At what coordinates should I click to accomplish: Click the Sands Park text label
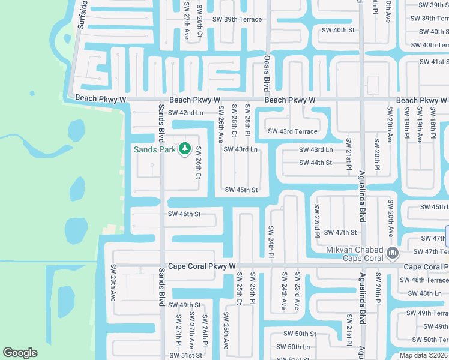(x=155, y=149)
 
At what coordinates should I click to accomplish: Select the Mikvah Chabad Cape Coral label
(x=354, y=254)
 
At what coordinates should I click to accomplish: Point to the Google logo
(x=20, y=353)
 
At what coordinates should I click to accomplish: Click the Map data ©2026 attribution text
(x=424, y=355)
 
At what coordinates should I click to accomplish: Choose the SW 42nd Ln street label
(x=185, y=113)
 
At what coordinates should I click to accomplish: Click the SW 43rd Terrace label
(x=292, y=131)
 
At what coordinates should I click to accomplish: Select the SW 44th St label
(x=316, y=163)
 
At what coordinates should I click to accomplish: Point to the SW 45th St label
(x=241, y=190)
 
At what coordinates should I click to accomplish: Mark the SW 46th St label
(x=184, y=214)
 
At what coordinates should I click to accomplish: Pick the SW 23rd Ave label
(x=297, y=290)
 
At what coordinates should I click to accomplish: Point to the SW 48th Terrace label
(x=424, y=280)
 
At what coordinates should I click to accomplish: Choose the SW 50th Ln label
(x=293, y=347)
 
